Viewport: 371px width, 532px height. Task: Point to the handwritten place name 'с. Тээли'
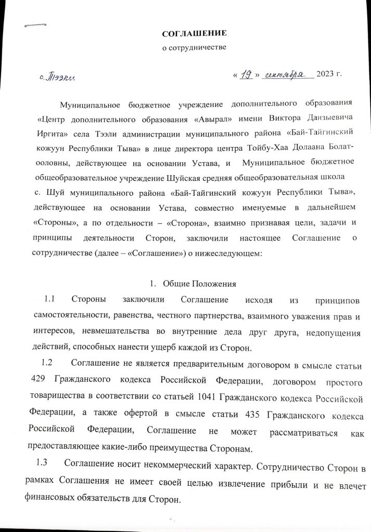coord(57,78)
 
